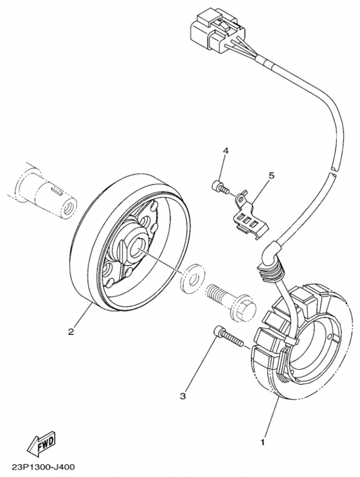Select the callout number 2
[x=71, y=332]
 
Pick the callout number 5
[x=271, y=176]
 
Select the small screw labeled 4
[x=220, y=187]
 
